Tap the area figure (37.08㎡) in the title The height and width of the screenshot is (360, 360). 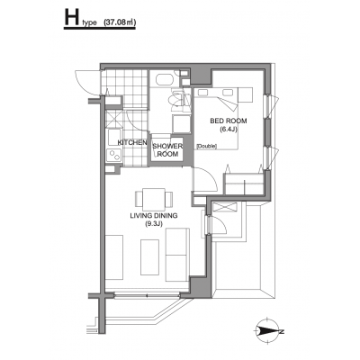(x=120, y=22)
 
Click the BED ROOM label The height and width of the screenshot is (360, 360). (x=229, y=121)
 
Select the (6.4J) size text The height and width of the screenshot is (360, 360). (x=229, y=130)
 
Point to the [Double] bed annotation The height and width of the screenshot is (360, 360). (x=207, y=147)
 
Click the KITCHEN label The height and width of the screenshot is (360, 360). (x=132, y=143)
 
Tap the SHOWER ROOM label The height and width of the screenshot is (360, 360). (x=167, y=150)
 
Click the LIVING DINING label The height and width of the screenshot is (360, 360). (x=154, y=215)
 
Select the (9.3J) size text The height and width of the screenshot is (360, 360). (x=153, y=223)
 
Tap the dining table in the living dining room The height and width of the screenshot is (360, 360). (x=154, y=199)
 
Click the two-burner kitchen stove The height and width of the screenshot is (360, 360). (x=114, y=156)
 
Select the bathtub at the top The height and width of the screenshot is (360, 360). (x=164, y=80)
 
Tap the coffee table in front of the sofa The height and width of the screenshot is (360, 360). (x=149, y=256)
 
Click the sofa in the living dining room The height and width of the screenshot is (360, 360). (x=177, y=255)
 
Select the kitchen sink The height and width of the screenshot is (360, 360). (x=114, y=138)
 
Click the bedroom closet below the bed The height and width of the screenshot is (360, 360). (x=244, y=184)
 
